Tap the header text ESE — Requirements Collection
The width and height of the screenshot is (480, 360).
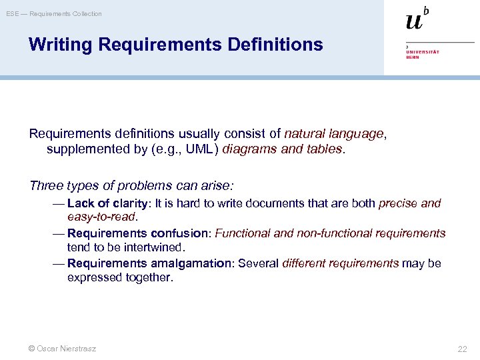tap(55, 14)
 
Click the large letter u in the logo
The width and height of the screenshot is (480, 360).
tap(413, 21)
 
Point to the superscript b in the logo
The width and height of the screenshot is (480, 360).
tap(426, 11)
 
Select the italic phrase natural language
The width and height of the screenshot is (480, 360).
tap(334, 133)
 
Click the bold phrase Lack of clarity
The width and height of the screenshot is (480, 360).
tap(109, 203)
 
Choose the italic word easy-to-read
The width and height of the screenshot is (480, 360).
tap(101, 217)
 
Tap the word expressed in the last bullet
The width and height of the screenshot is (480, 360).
tap(94, 277)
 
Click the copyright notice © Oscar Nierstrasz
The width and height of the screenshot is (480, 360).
tap(63, 349)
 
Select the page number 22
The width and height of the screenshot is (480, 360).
tap(462, 349)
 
